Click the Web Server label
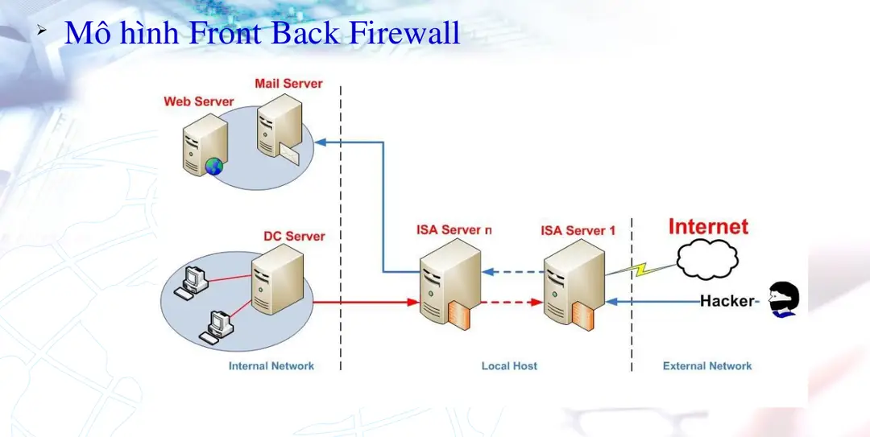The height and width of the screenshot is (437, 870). coord(198,101)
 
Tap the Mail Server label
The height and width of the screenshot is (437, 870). coord(288,84)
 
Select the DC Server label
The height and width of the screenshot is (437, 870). coord(294,236)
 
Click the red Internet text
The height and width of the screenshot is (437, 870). coord(708,227)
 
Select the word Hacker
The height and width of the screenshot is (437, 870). coord(727,301)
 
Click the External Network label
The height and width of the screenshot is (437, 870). coord(706,366)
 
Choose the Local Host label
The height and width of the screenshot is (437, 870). coord(509,366)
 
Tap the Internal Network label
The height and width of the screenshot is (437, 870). coord(271,366)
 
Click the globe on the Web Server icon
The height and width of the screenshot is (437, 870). coord(213,167)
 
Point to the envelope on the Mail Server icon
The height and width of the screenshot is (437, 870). coord(288,153)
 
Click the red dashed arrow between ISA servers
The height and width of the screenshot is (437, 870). coord(512,303)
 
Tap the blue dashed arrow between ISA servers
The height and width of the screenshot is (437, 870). coord(512,272)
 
